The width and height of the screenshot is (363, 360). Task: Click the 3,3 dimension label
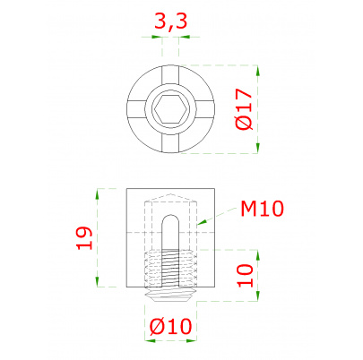[170, 21]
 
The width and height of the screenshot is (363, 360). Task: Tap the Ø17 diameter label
[244, 109]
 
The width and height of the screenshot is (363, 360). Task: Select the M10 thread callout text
[262, 209]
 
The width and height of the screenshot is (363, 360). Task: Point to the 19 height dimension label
[84, 238]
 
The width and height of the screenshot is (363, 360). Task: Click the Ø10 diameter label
[170, 326]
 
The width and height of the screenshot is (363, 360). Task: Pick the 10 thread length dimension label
[245, 275]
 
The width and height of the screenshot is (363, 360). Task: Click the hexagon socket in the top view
[170, 109]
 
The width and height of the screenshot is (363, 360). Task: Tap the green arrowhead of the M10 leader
[202, 222]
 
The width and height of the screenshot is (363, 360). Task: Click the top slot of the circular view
[170, 74]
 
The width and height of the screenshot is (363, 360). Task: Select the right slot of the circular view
[205, 109]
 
